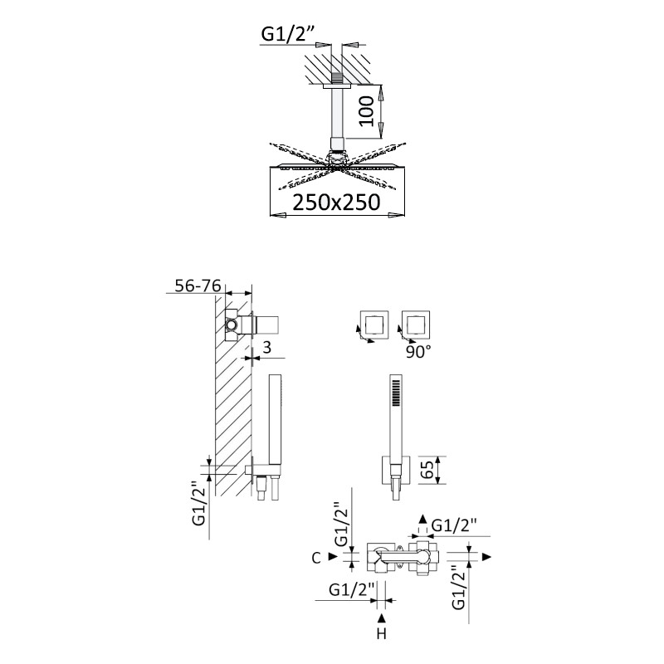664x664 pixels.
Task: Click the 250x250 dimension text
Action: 336,203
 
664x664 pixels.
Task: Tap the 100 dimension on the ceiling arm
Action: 367,111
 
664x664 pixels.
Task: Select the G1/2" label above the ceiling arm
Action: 288,33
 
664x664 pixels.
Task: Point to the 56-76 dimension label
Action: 198,286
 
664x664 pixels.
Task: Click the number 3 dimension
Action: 266,348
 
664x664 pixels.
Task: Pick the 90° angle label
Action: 418,352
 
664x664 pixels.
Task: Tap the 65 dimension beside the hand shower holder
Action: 428,470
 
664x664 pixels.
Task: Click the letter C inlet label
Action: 316,558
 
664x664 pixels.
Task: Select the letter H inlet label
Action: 382,634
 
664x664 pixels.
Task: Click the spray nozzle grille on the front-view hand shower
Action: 396,393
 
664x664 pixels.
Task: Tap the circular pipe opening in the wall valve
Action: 231,325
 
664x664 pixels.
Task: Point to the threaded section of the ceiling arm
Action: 337,78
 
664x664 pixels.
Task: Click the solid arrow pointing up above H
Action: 382,618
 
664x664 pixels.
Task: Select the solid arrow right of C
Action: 334,557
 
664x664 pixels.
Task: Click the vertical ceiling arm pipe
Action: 337,113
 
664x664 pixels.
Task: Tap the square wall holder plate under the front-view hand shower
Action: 396,470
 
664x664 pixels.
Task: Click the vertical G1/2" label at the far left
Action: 198,503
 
